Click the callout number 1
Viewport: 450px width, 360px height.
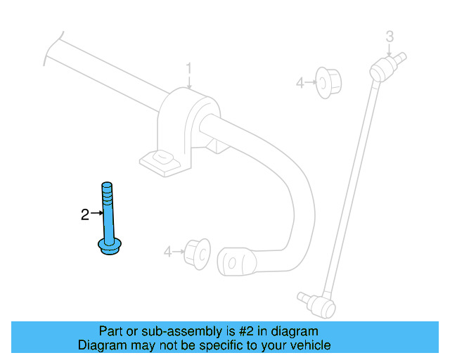point(188,68)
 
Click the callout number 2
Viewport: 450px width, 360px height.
point(85,215)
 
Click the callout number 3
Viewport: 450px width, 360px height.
point(390,37)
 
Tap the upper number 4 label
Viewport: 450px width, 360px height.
point(300,83)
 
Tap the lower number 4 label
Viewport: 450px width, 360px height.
point(167,251)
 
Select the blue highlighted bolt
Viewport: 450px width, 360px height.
point(108,218)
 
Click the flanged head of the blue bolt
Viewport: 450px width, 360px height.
point(109,247)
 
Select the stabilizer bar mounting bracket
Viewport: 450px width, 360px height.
point(182,127)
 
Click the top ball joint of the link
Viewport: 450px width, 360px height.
point(380,67)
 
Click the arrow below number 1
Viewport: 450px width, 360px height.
point(188,82)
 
